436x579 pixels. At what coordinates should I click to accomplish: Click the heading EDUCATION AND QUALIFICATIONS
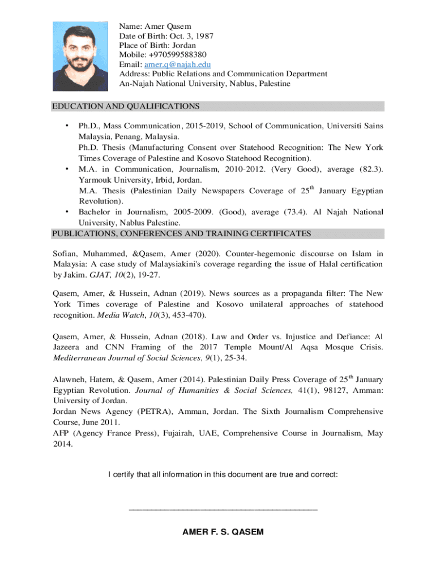tap(125, 106)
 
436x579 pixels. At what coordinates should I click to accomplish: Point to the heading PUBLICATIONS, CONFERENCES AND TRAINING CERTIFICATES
tap(181, 232)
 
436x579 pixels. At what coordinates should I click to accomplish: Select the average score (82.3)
tap(370, 169)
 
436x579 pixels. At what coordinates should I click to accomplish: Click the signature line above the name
tap(223, 510)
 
